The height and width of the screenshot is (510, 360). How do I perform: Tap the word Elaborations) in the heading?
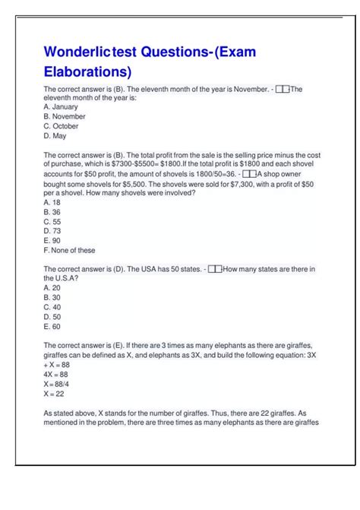coord(87,72)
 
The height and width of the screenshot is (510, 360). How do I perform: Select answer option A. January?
coord(60,107)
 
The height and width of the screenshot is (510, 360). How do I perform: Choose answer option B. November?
coord(65,116)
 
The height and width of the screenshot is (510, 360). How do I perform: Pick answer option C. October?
coord(61,126)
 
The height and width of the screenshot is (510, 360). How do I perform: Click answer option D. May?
coord(55,136)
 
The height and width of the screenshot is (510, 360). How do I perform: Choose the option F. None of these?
coord(69,250)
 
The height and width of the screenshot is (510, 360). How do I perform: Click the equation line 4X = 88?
coord(55,374)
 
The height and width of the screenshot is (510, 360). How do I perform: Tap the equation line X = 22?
coord(54,394)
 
